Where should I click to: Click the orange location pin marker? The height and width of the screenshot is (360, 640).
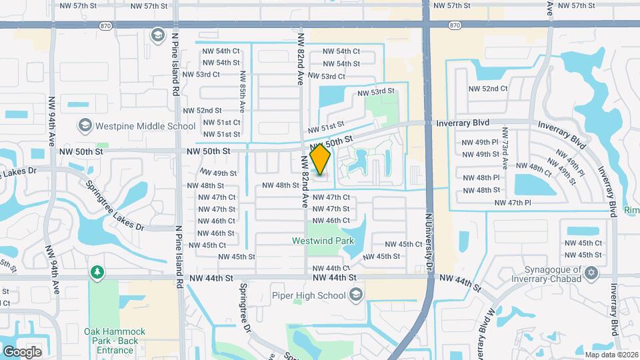click(x=321, y=160)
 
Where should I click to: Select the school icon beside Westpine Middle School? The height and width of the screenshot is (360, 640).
click(x=85, y=125)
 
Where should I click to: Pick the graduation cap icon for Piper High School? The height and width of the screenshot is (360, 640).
click(x=357, y=294)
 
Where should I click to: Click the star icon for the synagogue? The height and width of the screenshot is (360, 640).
click(x=590, y=272)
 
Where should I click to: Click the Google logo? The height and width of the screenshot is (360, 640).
click(x=22, y=351)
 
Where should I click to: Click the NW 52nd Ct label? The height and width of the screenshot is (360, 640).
click(x=488, y=88)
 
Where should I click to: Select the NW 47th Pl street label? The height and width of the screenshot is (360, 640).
click(x=513, y=202)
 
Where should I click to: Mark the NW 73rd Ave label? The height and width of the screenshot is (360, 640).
click(x=505, y=155)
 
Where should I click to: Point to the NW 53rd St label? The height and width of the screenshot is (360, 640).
click(x=371, y=91)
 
